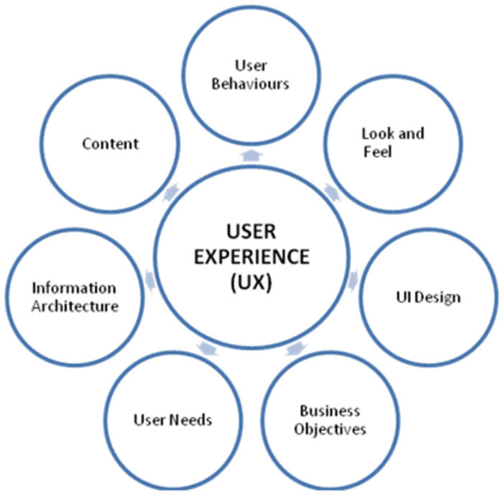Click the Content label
[110, 143]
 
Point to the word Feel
[377, 152]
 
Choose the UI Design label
[430, 296]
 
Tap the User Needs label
[173, 419]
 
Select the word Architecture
[75, 306]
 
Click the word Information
[73, 289]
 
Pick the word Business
[329, 412]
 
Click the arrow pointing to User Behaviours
[251, 154]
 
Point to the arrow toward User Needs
[206, 349]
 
